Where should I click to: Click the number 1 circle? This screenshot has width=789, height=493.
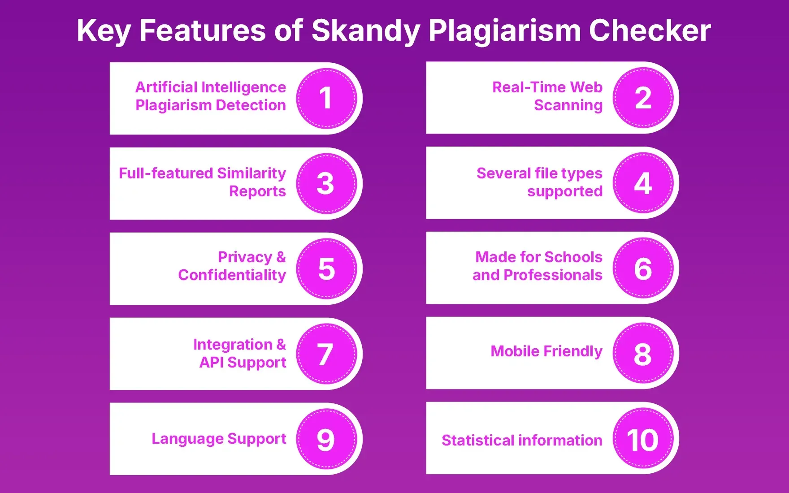click(x=326, y=98)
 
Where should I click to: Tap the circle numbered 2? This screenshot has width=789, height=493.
click(x=643, y=98)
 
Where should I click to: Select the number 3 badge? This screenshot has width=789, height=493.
click(x=326, y=183)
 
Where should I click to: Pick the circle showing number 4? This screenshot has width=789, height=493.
click(x=643, y=183)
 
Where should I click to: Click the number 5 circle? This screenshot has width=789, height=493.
click(x=326, y=268)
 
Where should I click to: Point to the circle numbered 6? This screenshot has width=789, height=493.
click(x=643, y=268)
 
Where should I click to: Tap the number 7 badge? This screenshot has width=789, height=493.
click(x=326, y=354)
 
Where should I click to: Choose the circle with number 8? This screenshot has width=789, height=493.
click(x=643, y=353)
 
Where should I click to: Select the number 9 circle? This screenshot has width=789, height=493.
click(x=326, y=439)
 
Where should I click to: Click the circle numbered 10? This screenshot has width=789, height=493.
click(x=643, y=438)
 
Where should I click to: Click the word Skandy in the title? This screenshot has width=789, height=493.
click(x=366, y=31)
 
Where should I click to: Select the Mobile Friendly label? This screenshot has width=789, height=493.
click(x=546, y=351)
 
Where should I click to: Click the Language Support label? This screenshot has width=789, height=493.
click(x=218, y=438)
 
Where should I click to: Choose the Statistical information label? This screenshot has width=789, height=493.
click(x=521, y=440)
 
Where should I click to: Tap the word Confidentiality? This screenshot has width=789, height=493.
click(x=232, y=275)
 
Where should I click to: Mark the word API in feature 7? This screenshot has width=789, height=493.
click(x=211, y=362)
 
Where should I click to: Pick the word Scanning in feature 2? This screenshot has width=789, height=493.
click(x=568, y=105)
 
